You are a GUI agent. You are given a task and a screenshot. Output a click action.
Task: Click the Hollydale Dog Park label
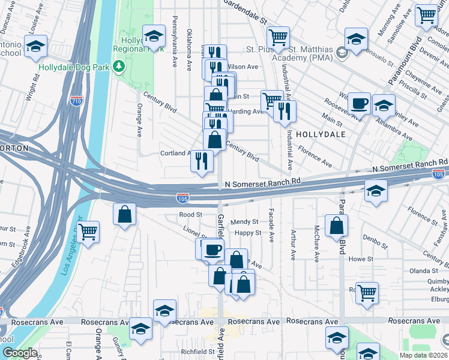pos(74,67)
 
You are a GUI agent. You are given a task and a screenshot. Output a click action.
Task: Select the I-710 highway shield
pos(76,101)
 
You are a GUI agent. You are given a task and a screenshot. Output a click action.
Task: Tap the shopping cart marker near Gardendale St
pos(278,38)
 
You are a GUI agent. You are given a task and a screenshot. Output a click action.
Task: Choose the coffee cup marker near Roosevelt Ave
pos(360,103)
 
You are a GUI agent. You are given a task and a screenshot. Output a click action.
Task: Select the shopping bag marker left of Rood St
pos(124,215)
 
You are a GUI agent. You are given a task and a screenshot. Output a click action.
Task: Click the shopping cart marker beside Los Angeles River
pos(88,231)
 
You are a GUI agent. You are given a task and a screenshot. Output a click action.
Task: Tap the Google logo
pos(20,353)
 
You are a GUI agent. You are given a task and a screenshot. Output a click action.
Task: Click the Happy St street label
pos(248,233)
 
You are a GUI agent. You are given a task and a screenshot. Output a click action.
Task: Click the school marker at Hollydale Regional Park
pos(154,37)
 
